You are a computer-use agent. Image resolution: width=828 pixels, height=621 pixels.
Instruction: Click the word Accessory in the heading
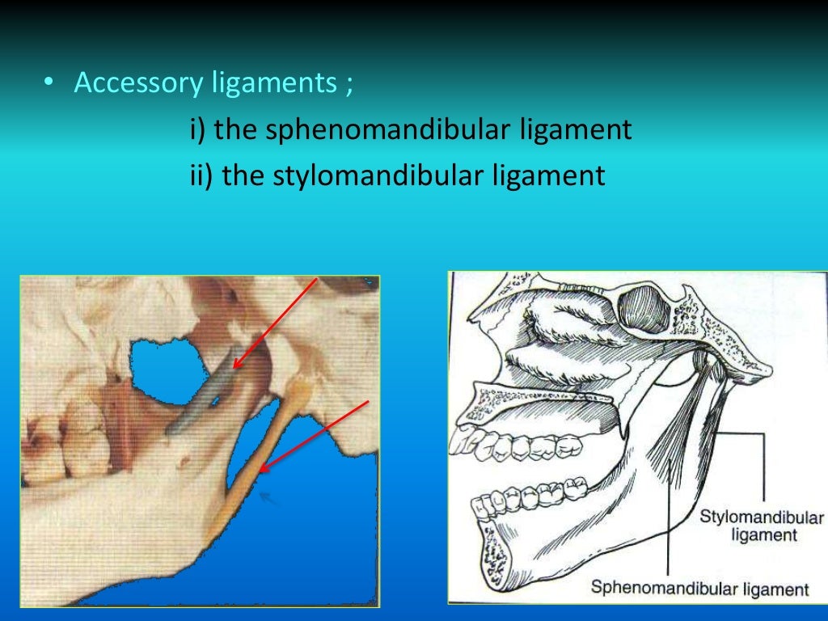tap(131, 82)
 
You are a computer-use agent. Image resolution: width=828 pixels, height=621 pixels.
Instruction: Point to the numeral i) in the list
tap(198, 129)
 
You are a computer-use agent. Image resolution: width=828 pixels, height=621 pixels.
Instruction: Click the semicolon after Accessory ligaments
tap(349, 84)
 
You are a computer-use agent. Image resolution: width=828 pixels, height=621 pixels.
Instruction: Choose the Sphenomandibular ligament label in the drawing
tap(699, 587)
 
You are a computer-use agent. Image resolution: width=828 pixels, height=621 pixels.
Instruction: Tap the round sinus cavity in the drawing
tap(644, 308)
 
